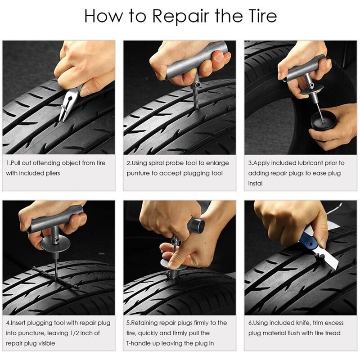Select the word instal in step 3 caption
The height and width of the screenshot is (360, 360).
pos(255,184)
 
